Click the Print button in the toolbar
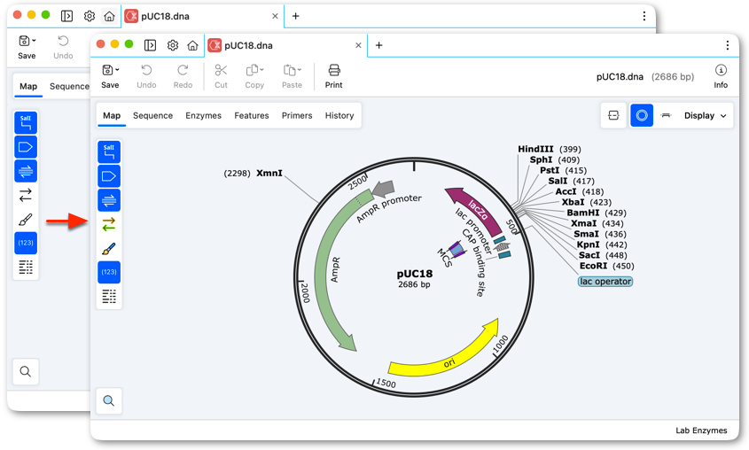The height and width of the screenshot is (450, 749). [333, 76]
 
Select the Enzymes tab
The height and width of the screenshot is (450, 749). [204, 115]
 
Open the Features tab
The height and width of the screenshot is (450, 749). [251, 115]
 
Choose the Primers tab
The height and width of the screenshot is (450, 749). [297, 115]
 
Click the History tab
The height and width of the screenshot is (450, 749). [339, 115]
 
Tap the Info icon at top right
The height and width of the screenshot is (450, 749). [721, 76]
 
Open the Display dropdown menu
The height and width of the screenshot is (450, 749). [705, 115]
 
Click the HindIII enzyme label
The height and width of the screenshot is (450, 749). [535, 150]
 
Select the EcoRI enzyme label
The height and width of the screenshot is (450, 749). [593, 266]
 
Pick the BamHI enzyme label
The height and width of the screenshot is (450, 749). [582, 213]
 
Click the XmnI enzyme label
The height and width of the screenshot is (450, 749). [269, 174]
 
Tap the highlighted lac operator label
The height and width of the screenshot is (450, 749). [605, 282]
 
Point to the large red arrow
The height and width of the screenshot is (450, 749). [66, 221]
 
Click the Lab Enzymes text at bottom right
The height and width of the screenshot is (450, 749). [701, 431]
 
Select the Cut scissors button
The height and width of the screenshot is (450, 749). [221, 76]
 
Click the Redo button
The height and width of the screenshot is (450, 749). [183, 76]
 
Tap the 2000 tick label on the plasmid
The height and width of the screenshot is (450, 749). [304, 292]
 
